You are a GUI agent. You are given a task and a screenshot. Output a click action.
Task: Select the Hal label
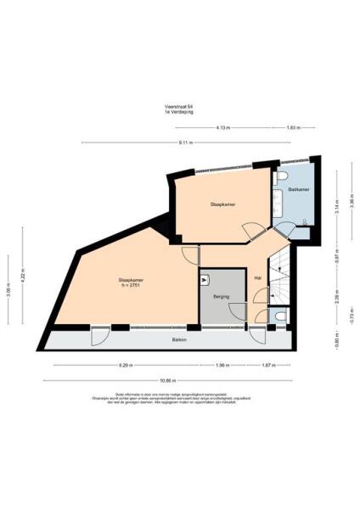click(257, 277)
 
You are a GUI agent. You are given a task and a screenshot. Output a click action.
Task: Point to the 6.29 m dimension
click(127, 366)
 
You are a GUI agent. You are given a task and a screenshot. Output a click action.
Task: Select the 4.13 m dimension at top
click(222, 127)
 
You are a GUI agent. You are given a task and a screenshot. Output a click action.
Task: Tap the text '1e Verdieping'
click(177, 110)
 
